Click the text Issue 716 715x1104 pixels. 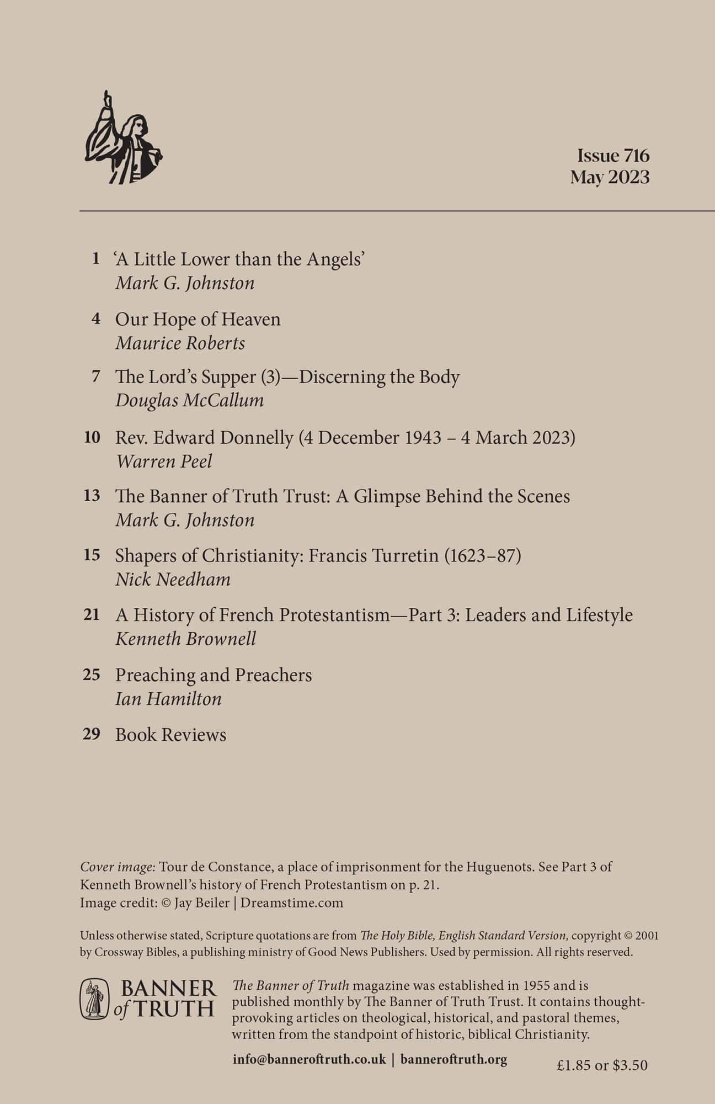[613, 155]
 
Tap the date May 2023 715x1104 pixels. [610, 178]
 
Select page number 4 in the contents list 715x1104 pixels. [97, 319]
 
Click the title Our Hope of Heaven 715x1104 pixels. [198, 319]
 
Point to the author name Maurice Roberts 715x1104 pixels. [180, 343]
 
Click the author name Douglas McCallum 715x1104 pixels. [189, 400]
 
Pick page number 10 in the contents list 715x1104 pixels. [92, 438]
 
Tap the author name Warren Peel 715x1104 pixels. [163, 461]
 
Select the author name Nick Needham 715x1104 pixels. [173, 580]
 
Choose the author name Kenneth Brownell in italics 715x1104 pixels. [185, 639]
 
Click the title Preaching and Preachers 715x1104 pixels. [214, 675]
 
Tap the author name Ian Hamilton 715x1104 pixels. [168, 699]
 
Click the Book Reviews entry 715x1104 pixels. [170, 735]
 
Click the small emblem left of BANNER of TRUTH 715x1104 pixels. [94, 999]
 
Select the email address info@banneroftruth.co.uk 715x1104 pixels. [310, 1060]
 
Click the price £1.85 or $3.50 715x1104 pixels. [602, 1065]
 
